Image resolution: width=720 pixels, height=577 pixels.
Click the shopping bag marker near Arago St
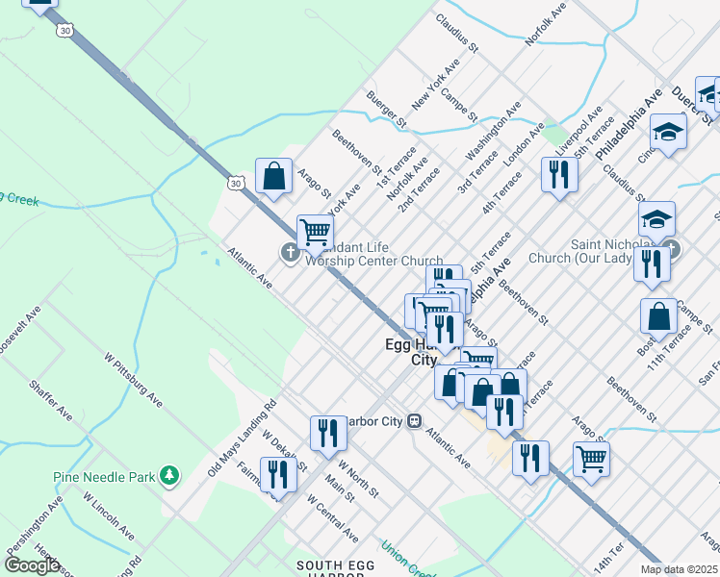coord(274,177)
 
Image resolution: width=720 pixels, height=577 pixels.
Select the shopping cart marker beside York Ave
coord(315,232)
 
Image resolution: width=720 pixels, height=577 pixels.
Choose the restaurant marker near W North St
coord(328,433)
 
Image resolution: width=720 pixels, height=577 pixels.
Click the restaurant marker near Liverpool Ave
coord(559,174)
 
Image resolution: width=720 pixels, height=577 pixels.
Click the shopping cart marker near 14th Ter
coord(591,458)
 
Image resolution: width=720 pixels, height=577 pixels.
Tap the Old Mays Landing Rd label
coord(242,439)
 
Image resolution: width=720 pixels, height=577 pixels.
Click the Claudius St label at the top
coord(456,31)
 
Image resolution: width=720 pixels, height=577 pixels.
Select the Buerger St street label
coord(387,109)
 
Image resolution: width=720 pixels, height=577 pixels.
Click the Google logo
coord(32,564)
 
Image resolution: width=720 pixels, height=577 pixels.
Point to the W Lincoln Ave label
coord(108,515)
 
